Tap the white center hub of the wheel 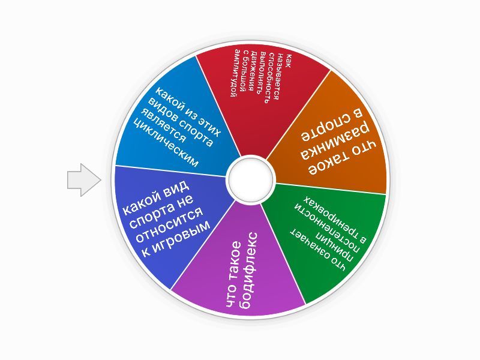pyautogui.click(x=250, y=178)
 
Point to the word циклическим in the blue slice pyautogui.click(x=164, y=145)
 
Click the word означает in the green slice pyautogui.click(x=318, y=251)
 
